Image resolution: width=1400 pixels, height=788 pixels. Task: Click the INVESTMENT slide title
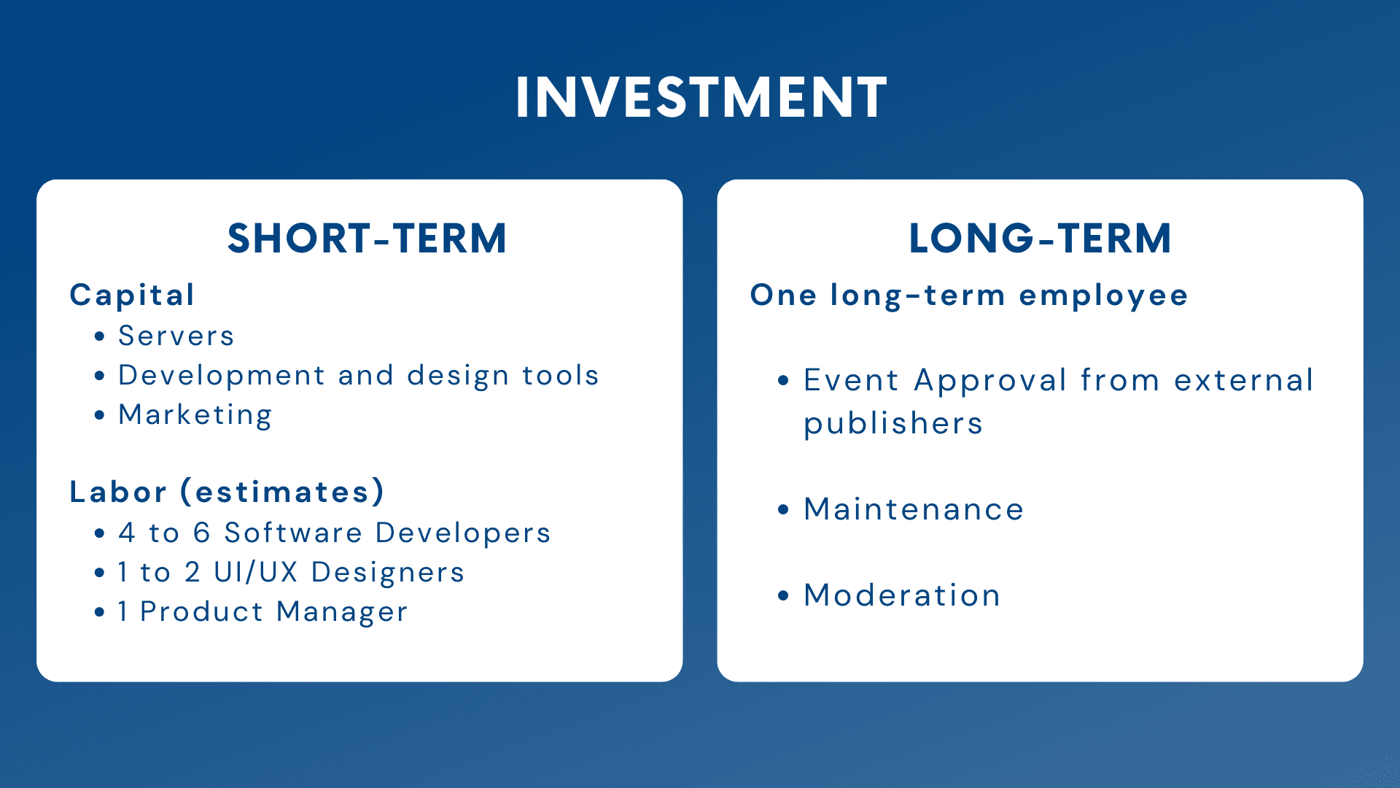(701, 97)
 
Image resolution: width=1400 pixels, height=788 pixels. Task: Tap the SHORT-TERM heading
(367, 239)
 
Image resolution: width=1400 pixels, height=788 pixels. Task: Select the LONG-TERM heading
(1040, 239)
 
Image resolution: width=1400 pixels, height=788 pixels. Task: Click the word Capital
(132, 295)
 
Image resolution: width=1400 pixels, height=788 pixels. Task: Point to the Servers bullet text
(176, 336)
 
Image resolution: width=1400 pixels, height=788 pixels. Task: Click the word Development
(222, 376)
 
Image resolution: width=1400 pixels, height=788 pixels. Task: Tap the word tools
(561, 375)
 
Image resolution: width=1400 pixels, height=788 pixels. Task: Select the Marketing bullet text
(195, 415)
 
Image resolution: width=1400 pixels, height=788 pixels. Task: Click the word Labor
(118, 492)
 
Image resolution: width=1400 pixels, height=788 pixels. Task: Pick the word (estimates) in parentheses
(282, 492)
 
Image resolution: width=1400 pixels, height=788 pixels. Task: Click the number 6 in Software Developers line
(202, 533)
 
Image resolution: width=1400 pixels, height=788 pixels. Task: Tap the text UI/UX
(256, 572)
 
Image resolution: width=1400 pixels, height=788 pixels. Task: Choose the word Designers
(388, 573)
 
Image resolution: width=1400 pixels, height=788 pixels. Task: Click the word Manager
(342, 612)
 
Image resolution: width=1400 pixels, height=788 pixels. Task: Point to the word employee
(1103, 296)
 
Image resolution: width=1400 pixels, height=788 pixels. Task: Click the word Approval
(991, 381)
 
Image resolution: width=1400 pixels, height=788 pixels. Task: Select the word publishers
(893, 424)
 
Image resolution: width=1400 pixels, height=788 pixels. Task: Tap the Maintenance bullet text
(914, 509)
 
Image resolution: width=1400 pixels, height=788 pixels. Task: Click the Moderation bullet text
(902, 595)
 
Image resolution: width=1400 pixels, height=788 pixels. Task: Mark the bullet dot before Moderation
(784, 595)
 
